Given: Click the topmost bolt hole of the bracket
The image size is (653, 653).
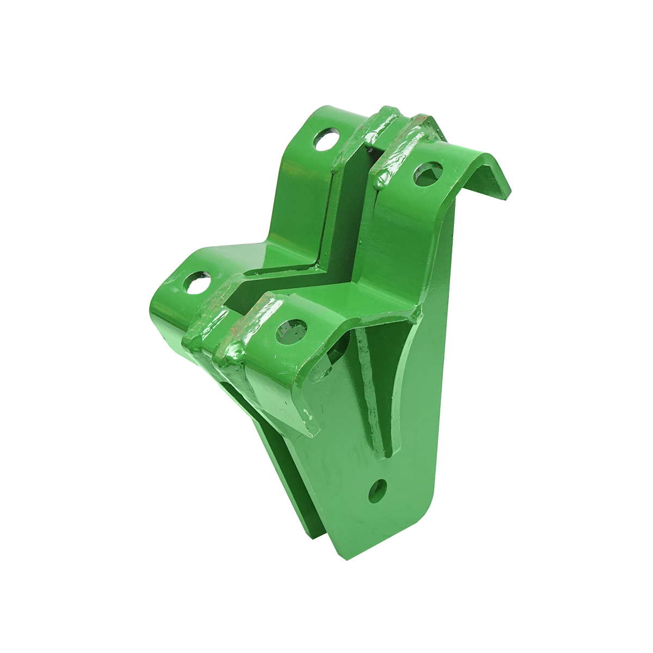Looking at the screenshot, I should pos(326,140).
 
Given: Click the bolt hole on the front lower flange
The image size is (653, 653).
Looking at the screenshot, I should pos(292,331).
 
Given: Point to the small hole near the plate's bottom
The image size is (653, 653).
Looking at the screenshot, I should pos(378,491).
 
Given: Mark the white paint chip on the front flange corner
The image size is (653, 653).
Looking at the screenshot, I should pos(309,416).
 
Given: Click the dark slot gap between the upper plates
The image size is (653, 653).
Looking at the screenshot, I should pos(359,180).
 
